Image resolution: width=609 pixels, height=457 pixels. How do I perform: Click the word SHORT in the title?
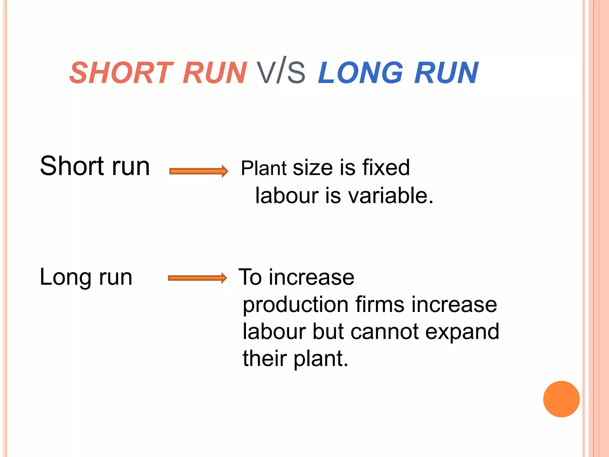coord(121,73)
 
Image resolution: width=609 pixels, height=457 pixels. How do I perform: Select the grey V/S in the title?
coord(281,71)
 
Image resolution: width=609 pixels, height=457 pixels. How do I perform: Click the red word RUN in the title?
coord(214,73)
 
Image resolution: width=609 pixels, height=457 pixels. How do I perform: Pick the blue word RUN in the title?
coord(446,73)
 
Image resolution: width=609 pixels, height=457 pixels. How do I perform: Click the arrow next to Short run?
coord(199,171)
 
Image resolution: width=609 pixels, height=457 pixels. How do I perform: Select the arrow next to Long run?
coord(197,278)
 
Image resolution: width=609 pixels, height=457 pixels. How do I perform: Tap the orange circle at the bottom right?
coord(561,399)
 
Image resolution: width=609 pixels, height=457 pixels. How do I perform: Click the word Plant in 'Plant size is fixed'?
coord(264,168)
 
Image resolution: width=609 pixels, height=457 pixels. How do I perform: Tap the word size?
coord(313,168)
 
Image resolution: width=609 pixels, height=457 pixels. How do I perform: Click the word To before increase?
coord(250,277)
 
